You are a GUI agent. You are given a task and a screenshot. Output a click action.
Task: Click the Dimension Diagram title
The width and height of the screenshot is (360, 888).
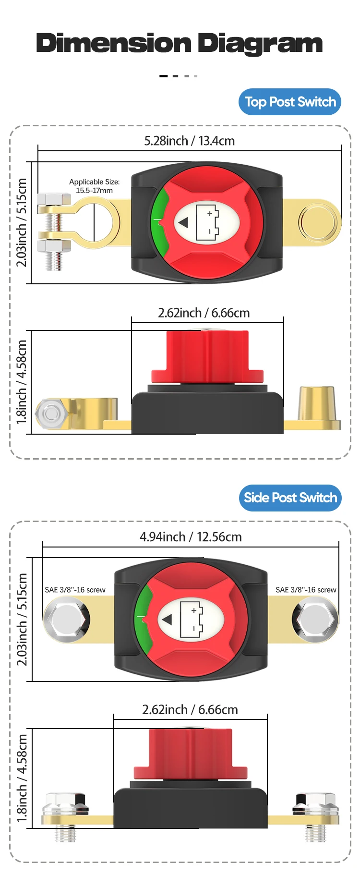pos(179,43)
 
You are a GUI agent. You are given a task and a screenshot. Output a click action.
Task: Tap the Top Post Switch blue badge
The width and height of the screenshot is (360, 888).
pos(290,102)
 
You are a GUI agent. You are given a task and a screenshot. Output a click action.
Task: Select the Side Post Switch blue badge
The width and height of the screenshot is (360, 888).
pos(290,498)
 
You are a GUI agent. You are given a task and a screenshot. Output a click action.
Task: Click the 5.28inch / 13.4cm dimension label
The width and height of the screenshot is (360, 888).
pos(189,141)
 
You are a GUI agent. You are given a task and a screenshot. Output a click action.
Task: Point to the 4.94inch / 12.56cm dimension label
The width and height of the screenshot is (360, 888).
pos(191,537)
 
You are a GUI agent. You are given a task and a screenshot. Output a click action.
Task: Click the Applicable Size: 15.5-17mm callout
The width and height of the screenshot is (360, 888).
pos(94,186)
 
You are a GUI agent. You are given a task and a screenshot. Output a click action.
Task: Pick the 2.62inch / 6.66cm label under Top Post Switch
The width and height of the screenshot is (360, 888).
pos(204,313)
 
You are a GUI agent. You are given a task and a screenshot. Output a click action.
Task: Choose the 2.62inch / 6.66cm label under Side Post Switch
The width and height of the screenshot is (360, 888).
pos(190,710)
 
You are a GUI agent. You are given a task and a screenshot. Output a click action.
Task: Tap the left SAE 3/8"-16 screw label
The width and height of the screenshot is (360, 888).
pos(75,590)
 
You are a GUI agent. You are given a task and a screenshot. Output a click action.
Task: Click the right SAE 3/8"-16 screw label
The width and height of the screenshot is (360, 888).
pos(306,590)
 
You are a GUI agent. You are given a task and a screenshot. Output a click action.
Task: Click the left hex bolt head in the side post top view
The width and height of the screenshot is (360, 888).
pos(67,620)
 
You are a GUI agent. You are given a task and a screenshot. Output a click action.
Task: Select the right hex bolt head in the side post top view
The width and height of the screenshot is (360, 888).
pos(315,620)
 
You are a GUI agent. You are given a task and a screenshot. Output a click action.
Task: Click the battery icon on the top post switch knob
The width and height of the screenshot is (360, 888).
pos(207,222)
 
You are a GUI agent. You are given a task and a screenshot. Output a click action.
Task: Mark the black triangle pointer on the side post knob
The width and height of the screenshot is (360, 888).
pos(167,620)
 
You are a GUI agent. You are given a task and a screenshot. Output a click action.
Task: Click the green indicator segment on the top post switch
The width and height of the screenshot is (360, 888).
pos(159,222)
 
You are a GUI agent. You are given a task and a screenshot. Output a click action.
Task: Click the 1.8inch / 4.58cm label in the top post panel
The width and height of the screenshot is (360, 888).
pos(22,382)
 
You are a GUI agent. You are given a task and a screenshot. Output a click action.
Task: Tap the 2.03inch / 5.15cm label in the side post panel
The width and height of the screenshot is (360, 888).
pos(22,620)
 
